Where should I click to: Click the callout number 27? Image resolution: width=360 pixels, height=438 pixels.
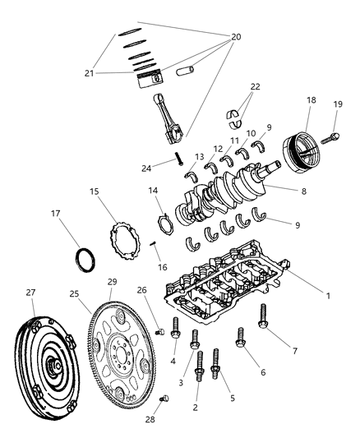tap(30, 292)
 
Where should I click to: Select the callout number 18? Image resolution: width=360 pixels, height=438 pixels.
tap(311, 99)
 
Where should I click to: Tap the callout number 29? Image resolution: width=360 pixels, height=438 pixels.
tap(112, 282)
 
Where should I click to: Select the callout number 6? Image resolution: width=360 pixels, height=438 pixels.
tap(264, 372)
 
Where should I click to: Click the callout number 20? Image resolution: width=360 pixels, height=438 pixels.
tap(236, 36)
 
